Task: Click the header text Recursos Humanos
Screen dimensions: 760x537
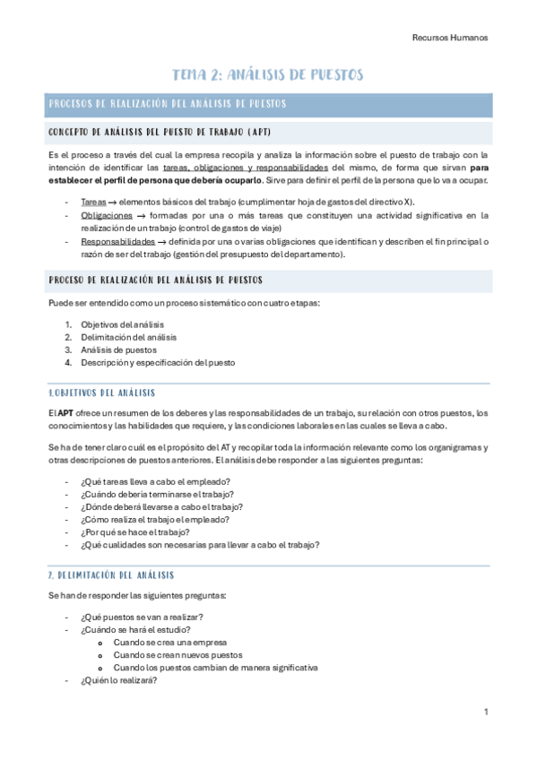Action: (449, 38)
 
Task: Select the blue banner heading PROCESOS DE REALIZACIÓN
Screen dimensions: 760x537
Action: (168, 105)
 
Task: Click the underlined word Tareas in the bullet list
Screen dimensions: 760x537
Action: (92, 202)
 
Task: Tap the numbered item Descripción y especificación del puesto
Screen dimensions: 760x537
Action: (157, 363)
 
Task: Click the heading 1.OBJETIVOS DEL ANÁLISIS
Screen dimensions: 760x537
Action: (101, 393)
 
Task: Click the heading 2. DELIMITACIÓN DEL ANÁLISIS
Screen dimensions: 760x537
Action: (110, 574)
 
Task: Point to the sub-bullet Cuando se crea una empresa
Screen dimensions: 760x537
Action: (170, 642)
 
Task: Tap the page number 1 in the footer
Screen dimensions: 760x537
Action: (485, 712)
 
